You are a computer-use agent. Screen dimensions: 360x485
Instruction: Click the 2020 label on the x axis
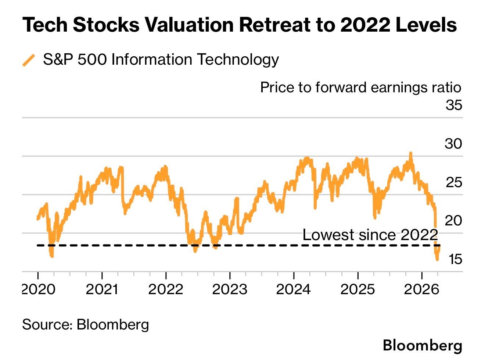pos(39,289)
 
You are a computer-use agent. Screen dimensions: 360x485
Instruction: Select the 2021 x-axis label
pos(102,289)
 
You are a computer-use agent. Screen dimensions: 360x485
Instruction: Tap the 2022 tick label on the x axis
pos(166,289)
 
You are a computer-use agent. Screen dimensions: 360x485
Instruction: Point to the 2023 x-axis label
pos(230,289)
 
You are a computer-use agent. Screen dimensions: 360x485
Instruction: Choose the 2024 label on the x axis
pos(294,289)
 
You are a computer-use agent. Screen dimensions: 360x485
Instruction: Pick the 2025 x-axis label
pos(358,289)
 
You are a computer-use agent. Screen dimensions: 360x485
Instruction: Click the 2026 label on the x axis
pos(421,289)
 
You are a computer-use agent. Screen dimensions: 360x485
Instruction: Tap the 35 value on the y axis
pos(454,105)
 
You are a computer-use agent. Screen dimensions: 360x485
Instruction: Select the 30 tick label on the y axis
pos(453,143)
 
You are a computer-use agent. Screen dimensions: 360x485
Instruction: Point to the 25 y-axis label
pos(454,182)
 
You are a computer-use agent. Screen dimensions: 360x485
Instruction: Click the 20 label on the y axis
pos(453,221)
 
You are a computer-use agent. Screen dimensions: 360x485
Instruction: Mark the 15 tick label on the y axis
pos(455,259)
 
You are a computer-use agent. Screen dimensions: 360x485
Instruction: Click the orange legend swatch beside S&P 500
pos(29,60)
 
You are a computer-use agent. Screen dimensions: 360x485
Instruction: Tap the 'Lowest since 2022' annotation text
pos(370,235)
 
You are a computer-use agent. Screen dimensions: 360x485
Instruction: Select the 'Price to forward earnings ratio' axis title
pos(360,88)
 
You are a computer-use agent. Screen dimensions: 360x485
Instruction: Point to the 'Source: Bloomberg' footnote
pos(86,324)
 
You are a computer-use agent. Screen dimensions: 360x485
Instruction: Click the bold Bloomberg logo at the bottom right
pos(422,345)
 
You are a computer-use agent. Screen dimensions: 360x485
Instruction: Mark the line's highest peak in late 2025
pos(410,153)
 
